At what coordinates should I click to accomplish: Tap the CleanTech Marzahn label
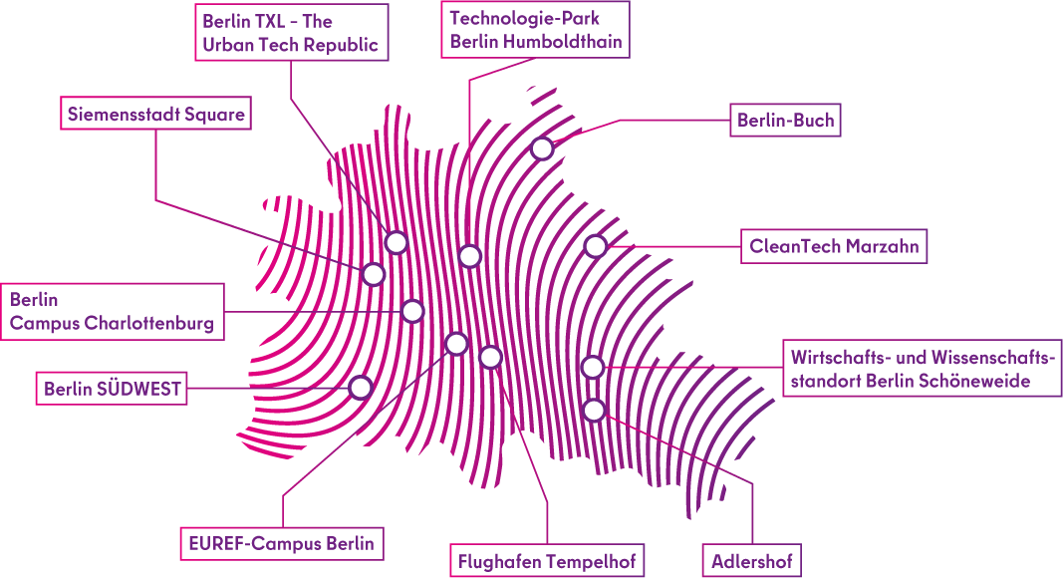[834, 246]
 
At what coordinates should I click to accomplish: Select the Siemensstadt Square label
[155, 115]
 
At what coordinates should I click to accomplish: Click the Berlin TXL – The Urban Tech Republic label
[290, 33]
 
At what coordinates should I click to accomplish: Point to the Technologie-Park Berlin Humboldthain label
[535, 30]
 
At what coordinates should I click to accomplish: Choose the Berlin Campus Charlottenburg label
[112, 312]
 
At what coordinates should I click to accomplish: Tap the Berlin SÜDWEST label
[113, 389]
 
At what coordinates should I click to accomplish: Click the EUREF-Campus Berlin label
[282, 543]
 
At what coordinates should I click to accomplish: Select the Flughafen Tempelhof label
[546, 561]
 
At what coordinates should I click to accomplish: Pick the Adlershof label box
[752, 561]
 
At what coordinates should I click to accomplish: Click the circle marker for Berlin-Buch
[542, 148]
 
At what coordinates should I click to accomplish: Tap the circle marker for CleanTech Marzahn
[595, 246]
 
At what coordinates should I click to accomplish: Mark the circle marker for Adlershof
[594, 410]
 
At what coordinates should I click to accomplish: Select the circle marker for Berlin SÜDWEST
[361, 387]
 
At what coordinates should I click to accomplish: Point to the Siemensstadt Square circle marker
[374, 274]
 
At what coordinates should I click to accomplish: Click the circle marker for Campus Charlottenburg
[412, 311]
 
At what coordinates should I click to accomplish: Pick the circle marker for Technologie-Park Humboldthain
[470, 257]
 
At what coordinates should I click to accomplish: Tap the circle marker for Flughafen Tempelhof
[490, 357]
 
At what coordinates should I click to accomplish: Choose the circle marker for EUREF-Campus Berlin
[456, 344]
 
